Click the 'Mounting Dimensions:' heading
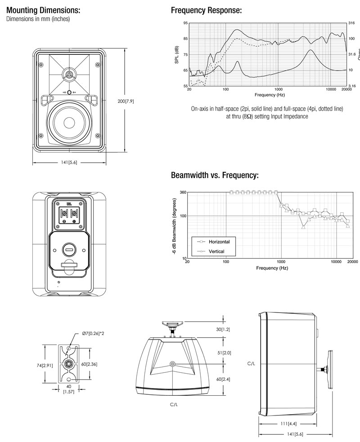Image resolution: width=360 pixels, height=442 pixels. tap(44, 10)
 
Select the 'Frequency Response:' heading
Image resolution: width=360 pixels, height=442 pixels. tap(206, 10)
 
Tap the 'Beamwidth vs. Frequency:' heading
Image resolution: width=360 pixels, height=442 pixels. tap(215, 175)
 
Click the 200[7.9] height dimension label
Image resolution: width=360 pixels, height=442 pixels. tap(126, 102)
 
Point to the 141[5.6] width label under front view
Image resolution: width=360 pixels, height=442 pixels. tap(70, 162)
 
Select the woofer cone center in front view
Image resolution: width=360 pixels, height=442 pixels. tap(70, 123)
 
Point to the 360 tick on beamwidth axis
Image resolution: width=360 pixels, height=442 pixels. tap(183, 192)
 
